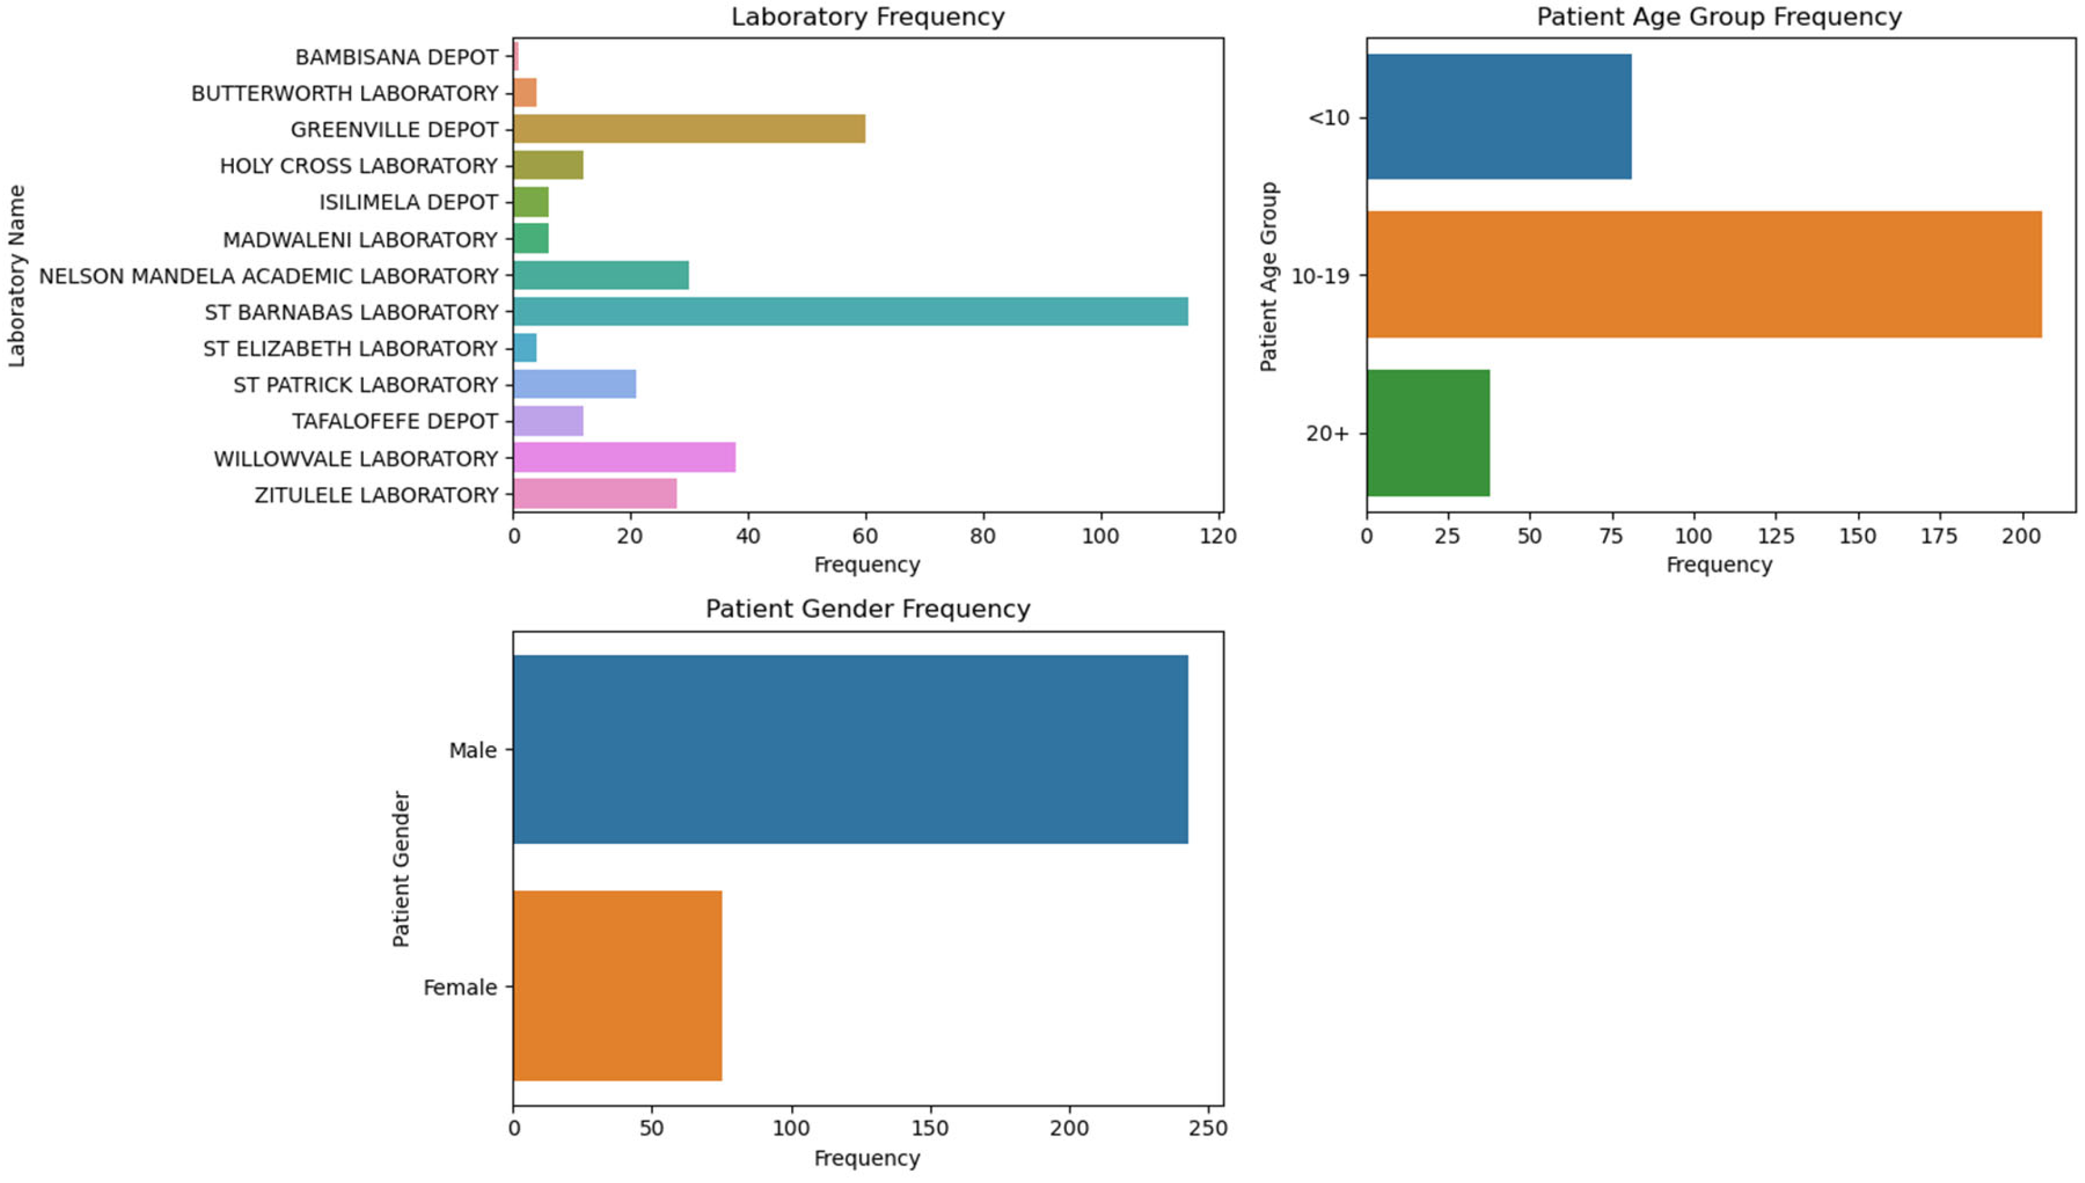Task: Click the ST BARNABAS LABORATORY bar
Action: tap(850, 312)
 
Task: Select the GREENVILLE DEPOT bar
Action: tap(689, 129)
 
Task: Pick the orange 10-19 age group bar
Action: tap(1703, 275)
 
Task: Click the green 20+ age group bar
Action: tap(1428, 433)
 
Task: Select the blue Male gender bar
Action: tap(850, 749)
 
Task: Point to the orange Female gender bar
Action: tap(617, 985)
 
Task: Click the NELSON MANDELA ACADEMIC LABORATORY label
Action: tap(268, 276)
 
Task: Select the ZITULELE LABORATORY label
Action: tap(376, 495)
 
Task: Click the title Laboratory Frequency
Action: tap(868, 17)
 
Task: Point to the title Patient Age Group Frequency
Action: tap(1719, 17)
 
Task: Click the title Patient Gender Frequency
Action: tap(868, 609)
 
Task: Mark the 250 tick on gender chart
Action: tap(1208, 1129)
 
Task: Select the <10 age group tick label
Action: tap(1328, 118)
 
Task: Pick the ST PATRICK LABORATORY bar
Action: tap(574, 384)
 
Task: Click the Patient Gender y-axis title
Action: tap(401, 868)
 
